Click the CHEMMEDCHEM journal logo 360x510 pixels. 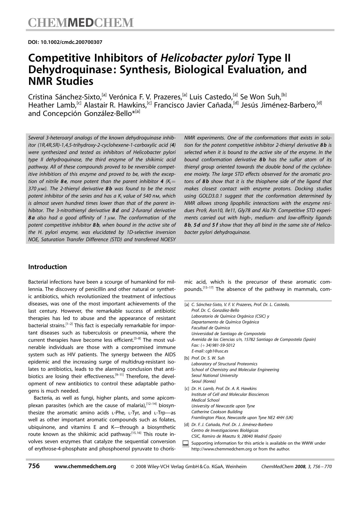pyautogui.click(x=81, y=22)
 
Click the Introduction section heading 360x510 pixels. pyautogui.click(x=47, y=267)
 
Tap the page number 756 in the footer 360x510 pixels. pyautogui.click(x=34, y=466)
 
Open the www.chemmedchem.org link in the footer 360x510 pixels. pyautogui.click(x=85, y=466)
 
